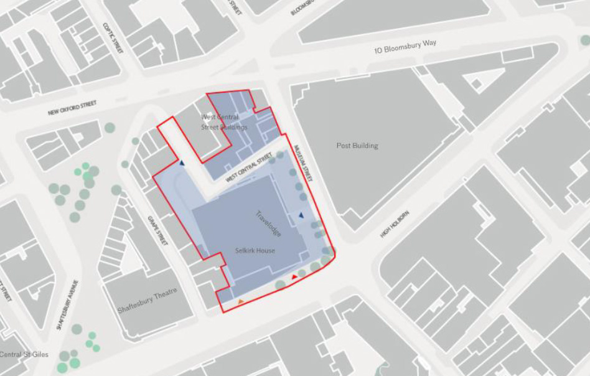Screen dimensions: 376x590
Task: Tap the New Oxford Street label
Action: pyautogui.click(x=73, y=109)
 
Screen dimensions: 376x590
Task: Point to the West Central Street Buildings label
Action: pyautogui.click(x=224, y=123)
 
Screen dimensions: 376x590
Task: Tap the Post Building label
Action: pyautogui.click(x=357, y=146)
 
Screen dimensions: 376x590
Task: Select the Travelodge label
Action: pyautogui.click(x=268, y=223)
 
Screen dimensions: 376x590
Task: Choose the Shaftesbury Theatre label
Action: pyautogui.click(x=147, y=301)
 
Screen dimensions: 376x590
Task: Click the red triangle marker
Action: pyautogui.click(x=294, y=276)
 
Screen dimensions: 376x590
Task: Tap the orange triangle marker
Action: pyautogui.click(x=241, y=302)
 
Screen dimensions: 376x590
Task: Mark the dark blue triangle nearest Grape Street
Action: pyautogui.click(x=182, y=164)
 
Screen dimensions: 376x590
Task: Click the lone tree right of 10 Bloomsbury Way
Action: pyautogui.click(x=585, y=40)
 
